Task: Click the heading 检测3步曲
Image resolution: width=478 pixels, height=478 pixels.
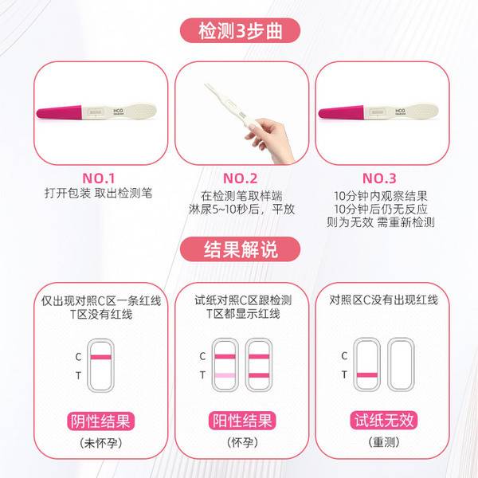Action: pos(240,31)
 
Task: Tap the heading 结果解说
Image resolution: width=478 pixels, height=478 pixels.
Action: pos(241,249)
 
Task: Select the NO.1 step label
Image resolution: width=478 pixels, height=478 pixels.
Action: pos(99,178)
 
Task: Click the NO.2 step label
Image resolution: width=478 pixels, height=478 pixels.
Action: pos(241,178)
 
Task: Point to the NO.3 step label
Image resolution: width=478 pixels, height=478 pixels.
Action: pos(379,178)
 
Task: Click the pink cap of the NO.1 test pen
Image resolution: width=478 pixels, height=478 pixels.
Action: pos(59,112)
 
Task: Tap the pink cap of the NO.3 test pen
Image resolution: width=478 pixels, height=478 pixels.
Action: pos(341,112)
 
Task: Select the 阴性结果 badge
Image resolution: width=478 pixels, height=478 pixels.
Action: pos(100,421)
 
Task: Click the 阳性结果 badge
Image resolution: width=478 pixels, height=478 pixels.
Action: pos(242,421)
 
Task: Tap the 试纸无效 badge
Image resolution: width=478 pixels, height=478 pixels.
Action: pos(384,420)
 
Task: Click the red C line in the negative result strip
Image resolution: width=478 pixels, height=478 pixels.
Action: pos(101,357)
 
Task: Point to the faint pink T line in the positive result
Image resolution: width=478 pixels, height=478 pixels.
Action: pos(225,375)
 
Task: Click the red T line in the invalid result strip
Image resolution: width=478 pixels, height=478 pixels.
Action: pos(367,375)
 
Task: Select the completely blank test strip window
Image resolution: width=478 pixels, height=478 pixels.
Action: pos(401,364)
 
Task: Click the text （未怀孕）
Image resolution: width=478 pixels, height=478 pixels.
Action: pos(100,443)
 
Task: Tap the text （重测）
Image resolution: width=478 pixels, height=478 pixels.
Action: pos(384,441)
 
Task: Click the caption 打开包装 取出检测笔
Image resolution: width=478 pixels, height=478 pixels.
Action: pos(98,193)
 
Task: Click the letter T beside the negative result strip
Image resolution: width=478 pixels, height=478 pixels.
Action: pos(78,375)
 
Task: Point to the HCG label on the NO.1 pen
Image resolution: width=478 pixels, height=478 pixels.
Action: pos(118,111)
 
